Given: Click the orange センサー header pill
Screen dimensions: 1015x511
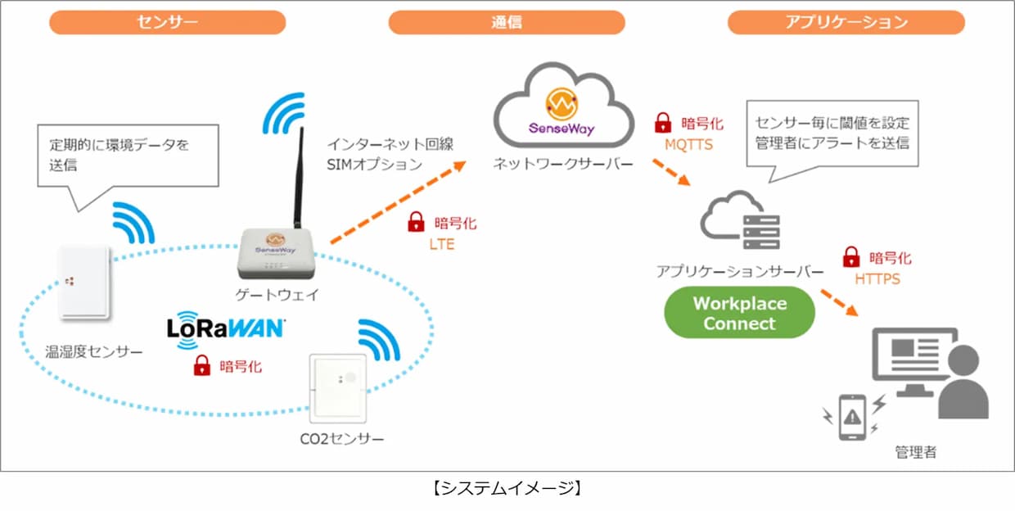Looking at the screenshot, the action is tap(167, 22).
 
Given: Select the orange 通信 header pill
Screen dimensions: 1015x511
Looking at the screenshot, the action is tap(507, 22).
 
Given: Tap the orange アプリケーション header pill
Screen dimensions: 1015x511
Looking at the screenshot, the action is tap(846, 22).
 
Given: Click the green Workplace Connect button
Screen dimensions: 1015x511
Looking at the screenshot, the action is tap(739, 312).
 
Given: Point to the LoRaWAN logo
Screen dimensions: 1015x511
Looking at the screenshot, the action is tap(226, 330).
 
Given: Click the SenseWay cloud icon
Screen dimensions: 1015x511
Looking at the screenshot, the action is tap(563, 105).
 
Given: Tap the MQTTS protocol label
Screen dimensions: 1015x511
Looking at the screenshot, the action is tap(688, 145).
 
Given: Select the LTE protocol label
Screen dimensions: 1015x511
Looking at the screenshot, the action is tap(442, 244).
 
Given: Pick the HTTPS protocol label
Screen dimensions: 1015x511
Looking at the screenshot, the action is tap(877, 279).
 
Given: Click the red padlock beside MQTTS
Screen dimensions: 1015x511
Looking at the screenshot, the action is tap(663, 123).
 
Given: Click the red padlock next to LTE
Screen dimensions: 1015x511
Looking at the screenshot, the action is tap(416, 222).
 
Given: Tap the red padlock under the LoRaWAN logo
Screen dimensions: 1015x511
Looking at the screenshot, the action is tap(202, 365).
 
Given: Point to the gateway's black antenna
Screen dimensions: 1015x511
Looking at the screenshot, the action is tap(299, 179).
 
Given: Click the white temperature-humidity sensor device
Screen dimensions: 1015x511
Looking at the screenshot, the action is tap(85, 283).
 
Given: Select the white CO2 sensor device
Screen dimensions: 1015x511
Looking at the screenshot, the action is tap(338, 389).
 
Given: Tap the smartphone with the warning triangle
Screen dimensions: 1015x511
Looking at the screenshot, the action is tap(852, 417).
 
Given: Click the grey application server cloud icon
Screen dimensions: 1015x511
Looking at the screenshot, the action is tap(739, 220).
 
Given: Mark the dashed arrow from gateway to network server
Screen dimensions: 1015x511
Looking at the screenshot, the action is tap(399, 202).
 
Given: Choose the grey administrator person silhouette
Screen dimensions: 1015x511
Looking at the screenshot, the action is tap(963, 382).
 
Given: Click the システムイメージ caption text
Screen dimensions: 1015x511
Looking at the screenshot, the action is tap(507, 488).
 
